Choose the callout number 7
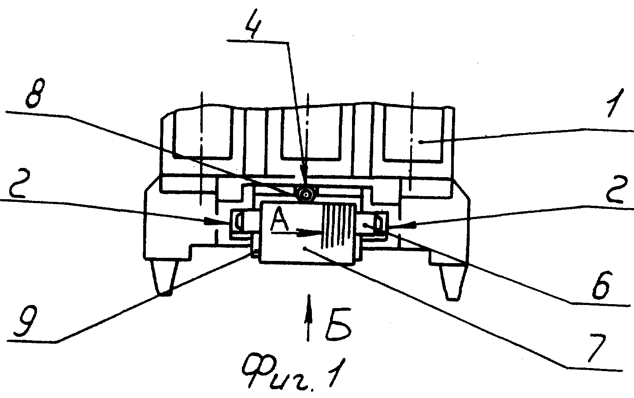pos(598,348)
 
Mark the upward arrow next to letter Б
pos(308,317)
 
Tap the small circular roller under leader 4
pos(305,195)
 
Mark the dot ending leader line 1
pos(421,142)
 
